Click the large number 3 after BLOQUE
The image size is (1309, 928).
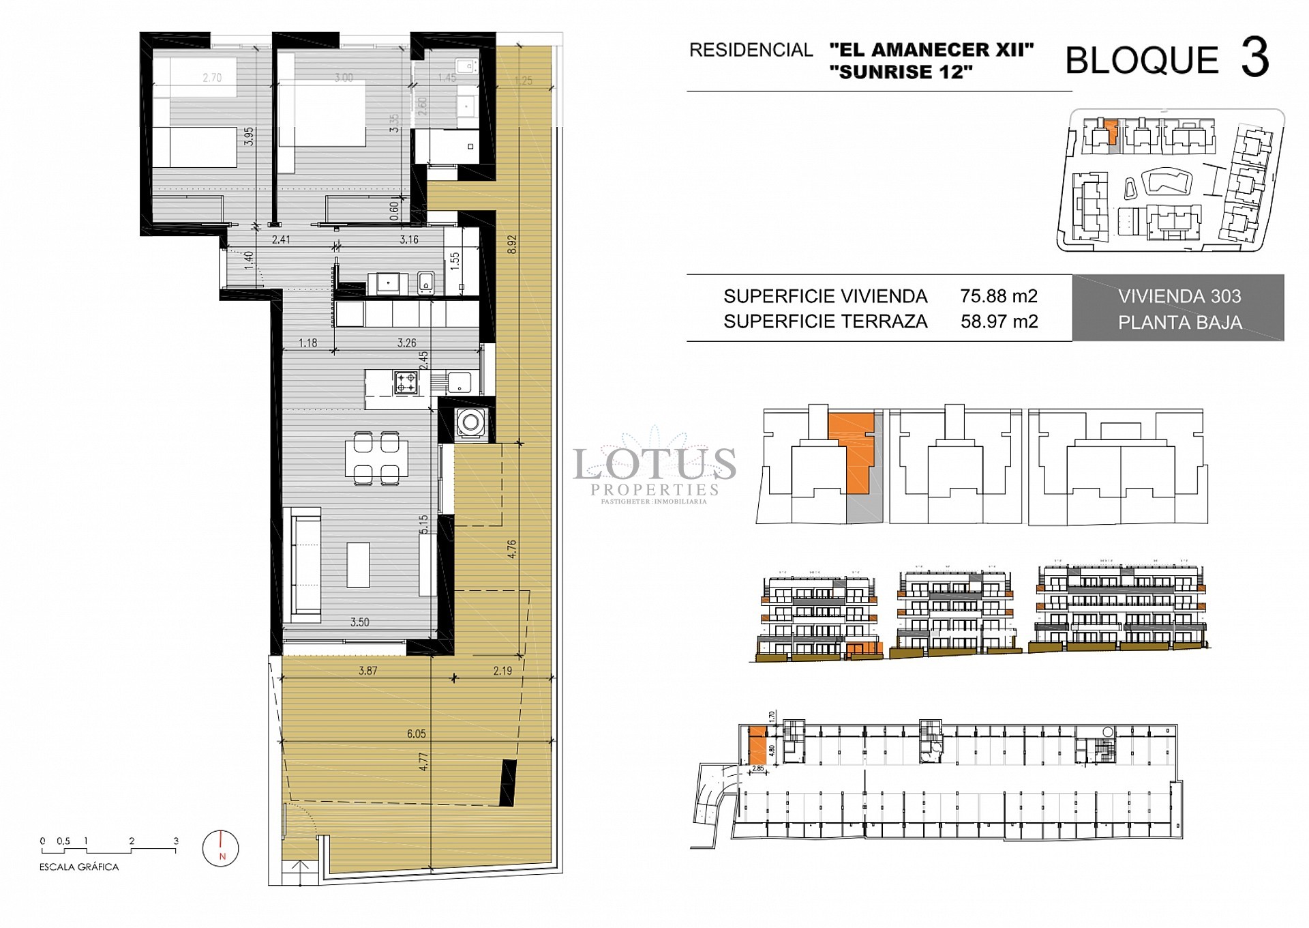pyautogui.click(x=1254, y=59)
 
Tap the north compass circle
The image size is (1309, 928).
pyautogui.click(x=221, y=848)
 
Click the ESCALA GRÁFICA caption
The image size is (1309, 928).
pyautogui.click(x=79, y=867)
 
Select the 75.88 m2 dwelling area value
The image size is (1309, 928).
pyautogui.click(x=999, y=296)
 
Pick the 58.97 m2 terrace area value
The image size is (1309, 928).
pyautogui.click(x=999, y=321)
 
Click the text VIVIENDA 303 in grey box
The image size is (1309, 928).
pyautogui.click(x=1179, y=296)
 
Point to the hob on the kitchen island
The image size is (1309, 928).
pyautogui.click(x=406, y=383)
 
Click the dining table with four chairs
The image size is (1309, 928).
pyautogui.click(x=376, y=458)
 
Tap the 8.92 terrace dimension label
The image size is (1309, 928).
pyautogui.click(x=512, y=245)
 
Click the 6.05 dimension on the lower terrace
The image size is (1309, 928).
pyautogui.click(x=416, y=734)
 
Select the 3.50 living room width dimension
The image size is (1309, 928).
pyautogui.click(x=360, y=622)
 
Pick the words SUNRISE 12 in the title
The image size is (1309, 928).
pyautogui.click(x=901, y=72)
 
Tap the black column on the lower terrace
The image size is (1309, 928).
pyautogui.click(x=508, y=782)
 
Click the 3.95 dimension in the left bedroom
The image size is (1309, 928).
pyautogui.click(x=250, y=136)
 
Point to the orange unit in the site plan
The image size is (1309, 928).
pyautogui.click(x=1111, y=131)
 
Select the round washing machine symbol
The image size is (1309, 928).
pyautogui.click(x=470, y=423)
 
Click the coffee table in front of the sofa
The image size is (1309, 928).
pyautogui.click(x=359, y=565)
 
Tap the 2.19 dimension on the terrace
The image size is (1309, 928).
pyautogui.click(x=502, y=671)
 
